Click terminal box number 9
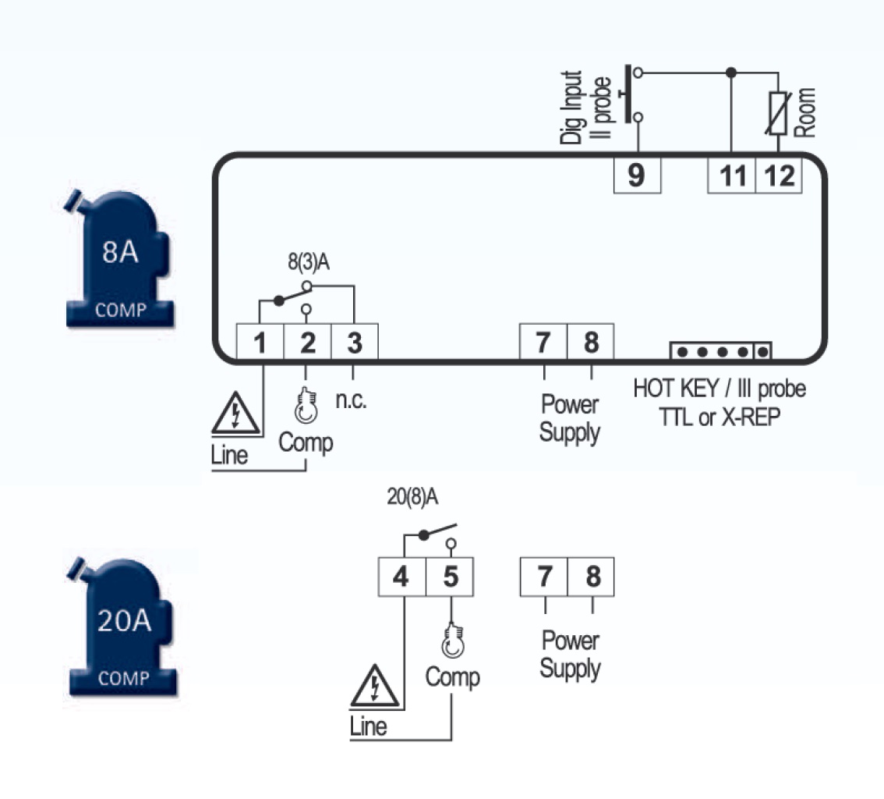point(637,176)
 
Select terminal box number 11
point(731,176)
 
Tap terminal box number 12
point(779,176)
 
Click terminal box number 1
point(260,342)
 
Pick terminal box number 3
point(354,342)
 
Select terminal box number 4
point(402,577)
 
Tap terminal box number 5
point(450,577)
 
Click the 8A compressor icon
point(119,258)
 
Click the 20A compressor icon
point(122,627)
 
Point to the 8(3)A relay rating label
point(309,262)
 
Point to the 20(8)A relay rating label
point(412,496)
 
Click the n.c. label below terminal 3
point(351,400)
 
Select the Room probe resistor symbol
point(778,113)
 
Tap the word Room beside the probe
point(804,112)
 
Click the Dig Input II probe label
point(585,107)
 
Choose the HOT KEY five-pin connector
point(720,351)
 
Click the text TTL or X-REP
point(720,417)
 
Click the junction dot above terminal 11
point(731,73)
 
